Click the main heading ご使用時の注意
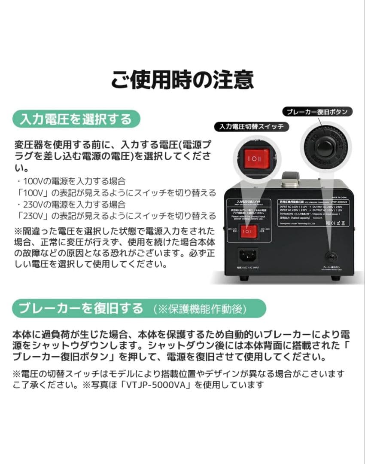pyautogui.click(x=182, y=80)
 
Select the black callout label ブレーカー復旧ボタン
pyautogui.click(x=317, y=112)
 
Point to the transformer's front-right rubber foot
pyautogui.click(x=335, y=278)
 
